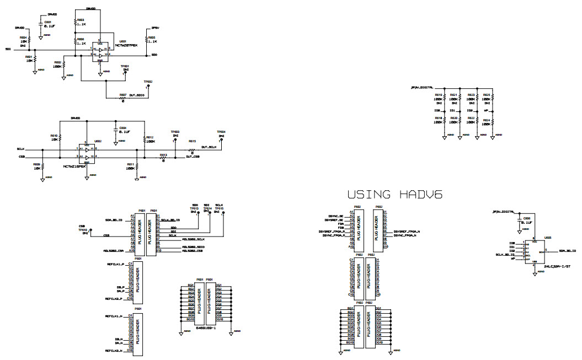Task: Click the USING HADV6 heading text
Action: [x=396, y=195]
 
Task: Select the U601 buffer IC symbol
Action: [x=100, y=51]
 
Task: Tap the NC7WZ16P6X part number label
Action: [x=74, y=166]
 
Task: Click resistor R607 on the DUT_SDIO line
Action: [x=122, y=98]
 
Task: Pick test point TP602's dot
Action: [x=147, y=87]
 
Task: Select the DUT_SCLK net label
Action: [x=209, y=147]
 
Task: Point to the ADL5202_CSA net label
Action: [x=113, y=250]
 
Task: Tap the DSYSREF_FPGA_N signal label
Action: [x=407, y=232]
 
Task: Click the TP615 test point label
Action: [x=220, y=208]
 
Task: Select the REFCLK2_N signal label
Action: [x=115, y=350]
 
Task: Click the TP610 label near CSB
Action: [x=83, y=229]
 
